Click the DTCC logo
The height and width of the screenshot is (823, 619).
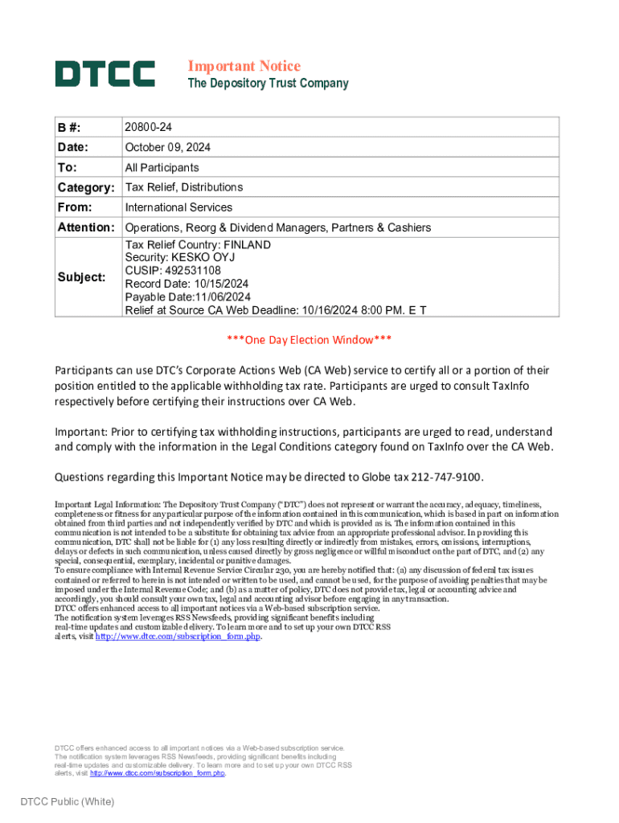(105, 74)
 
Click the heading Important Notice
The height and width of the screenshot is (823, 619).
(244, 66)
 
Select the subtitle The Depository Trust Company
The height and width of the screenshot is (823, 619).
(268, 84)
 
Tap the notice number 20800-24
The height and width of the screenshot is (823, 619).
(148, 128)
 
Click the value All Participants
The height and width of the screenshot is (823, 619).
(162, 167)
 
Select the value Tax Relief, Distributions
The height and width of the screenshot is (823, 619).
(183, 187)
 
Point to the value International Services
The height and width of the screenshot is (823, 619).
(178, 207)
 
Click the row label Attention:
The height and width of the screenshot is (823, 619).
(86, 227)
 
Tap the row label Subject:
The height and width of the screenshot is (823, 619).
(80, 277)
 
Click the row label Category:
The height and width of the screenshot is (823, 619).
(86, 187)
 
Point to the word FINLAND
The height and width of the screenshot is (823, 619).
(247, 244)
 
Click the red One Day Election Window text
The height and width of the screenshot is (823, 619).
(309, 340)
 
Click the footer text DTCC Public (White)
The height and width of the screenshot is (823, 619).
(68, 801)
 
